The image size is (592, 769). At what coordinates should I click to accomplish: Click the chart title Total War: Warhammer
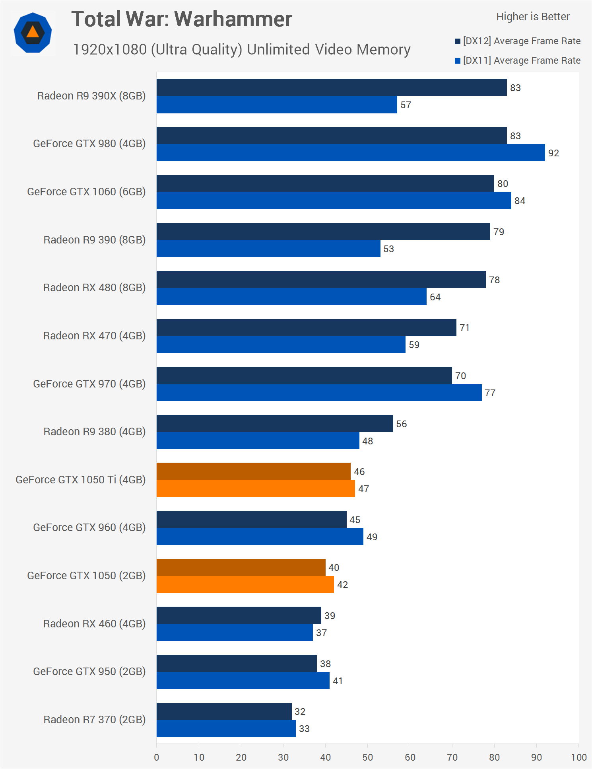click(182, 19)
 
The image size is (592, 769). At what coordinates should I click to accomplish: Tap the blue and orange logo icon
click(33, 33)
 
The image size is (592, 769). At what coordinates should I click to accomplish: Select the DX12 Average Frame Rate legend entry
click(518, 41)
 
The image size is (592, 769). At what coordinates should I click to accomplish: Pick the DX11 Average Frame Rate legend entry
click(518, 60)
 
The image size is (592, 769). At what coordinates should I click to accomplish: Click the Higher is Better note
click(532, 17)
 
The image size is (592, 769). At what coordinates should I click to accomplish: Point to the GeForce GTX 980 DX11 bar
click(350, 153)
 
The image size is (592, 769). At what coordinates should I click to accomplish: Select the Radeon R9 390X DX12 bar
click(331, 88)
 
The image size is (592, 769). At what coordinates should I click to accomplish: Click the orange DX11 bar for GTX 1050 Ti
click(255, 489)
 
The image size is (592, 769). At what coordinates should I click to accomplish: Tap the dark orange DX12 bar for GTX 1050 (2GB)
click(241, 567)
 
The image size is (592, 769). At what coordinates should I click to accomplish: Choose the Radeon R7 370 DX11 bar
click(226, 728)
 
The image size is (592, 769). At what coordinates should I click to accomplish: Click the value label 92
click(553, 153)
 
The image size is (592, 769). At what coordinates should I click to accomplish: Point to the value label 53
click(388, 249)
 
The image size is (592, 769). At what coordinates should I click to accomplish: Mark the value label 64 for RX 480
click(435, 297)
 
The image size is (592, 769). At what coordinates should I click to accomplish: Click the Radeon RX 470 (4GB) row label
click(94, 336)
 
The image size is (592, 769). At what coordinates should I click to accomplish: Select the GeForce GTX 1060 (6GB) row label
click(86, 192)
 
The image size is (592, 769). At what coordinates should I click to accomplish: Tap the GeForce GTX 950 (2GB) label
click(89, 672)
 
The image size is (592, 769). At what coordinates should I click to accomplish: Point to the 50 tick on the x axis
click(367, 757)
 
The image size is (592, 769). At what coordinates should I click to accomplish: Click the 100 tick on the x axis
click(578, 757)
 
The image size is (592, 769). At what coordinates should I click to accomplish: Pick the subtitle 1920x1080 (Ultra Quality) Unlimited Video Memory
click(241, 50)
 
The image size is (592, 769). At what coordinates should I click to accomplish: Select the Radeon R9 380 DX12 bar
click(274, 423)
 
